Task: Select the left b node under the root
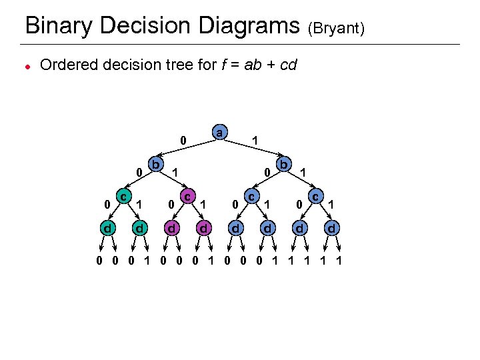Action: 155,163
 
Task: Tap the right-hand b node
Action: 283,163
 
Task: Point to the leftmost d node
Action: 107,229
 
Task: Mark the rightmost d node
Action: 331,229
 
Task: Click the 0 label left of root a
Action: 183,141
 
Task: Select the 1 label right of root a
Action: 255,141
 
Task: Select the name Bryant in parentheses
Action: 336,29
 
